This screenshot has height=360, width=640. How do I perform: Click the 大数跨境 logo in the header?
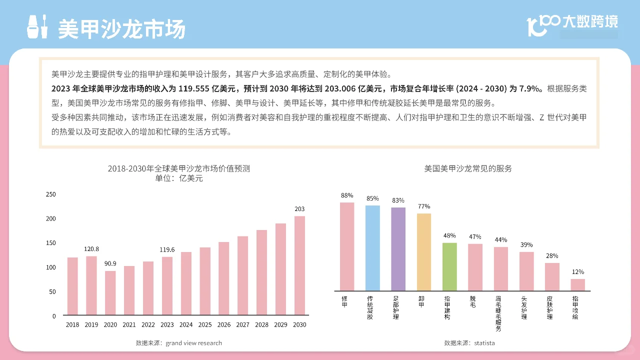pos(572,24)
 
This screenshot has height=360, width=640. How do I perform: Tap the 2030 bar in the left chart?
pos(299,265)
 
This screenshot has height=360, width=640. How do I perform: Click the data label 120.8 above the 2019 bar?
pos(91,249)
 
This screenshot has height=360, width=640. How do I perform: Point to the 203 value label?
pos(299,209)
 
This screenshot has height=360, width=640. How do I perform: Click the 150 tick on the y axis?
pos(50,243)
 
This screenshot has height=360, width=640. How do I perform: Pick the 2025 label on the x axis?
pos(205,325)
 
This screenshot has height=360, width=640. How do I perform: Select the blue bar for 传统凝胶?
pos(372,248)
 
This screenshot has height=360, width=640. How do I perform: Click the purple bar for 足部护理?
pos(398,249)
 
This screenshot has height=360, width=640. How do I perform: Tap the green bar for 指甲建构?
pos(449,266)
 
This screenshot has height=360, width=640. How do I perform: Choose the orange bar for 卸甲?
pos(424,252)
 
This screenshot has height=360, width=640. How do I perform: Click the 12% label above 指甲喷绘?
pos(578,272)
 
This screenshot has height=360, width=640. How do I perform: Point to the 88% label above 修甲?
pos(347,195)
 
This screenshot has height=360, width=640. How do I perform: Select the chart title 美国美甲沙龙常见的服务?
pos(468,169)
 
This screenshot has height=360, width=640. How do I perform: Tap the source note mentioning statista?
pos(469,343)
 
